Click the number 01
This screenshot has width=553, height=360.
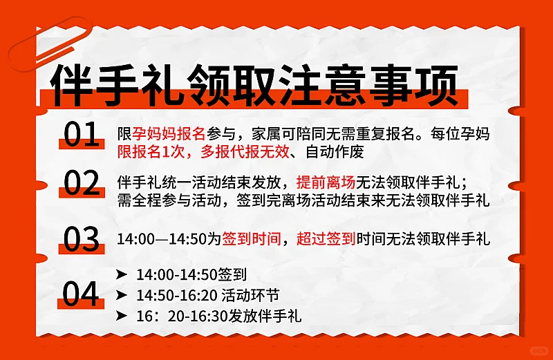click(81, 135)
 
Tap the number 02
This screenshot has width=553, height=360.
click(82, 184)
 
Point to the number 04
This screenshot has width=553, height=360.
click(81, 294)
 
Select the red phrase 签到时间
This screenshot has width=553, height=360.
click(250, 240)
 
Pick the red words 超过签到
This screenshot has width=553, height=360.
click(326, 240)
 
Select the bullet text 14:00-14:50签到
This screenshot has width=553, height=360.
click(191, 275)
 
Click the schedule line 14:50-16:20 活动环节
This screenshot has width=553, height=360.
click(207, 295)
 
